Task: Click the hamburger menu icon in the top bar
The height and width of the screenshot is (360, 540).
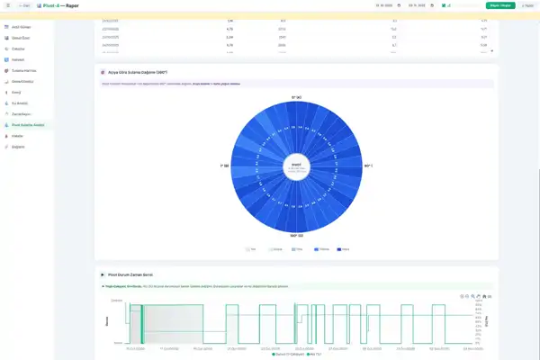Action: [x=8, y=5]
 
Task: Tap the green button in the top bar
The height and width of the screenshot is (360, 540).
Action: [x=493, y=5]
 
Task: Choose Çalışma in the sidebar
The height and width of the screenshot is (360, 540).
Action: [x=19, y=49]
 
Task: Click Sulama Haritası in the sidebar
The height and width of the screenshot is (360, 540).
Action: [x=23, y=70]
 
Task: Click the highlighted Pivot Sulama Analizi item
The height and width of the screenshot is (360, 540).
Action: [x=29, y=124]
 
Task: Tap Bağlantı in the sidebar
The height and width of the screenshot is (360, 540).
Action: [x=19, y=146]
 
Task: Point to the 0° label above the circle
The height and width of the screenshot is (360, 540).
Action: [x=295, y=96]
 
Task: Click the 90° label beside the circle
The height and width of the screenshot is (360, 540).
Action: [x=367, y=166]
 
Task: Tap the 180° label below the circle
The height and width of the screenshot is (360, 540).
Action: [x=295, y=236]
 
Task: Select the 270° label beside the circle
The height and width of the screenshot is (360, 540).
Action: [x=225, y=166]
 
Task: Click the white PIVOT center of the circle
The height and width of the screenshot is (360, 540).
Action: [x=295, y=166]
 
